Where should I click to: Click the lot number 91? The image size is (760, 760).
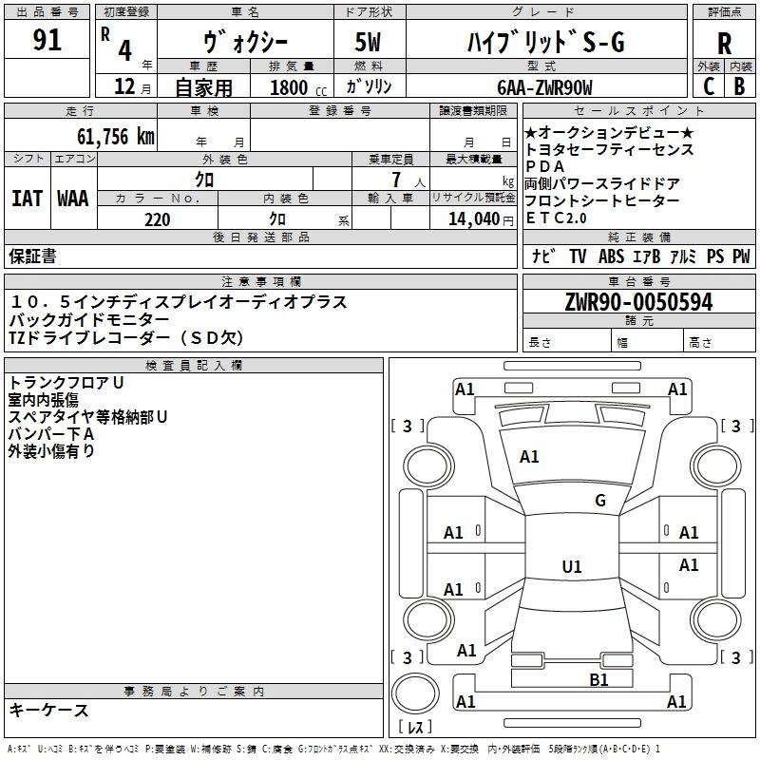click(47, 40)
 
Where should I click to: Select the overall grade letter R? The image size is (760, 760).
click(724, 44)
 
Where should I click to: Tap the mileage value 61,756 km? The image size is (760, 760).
click(115, 137)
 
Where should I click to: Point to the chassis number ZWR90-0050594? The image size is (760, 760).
click(638, 302)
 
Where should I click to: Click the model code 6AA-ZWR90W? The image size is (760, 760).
click(544, 87)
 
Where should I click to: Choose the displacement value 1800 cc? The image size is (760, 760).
click(298, 87)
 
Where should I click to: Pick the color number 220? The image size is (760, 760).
click(157, 219)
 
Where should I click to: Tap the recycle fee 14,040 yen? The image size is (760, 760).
click(481, 219)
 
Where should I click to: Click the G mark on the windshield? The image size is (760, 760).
click(600, 501)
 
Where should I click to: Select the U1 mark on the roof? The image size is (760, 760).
click(572, 566)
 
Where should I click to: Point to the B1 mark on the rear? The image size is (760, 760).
click(598, 680)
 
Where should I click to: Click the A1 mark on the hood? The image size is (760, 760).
click(529, 457)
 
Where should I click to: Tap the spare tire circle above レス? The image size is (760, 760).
click(415, 693)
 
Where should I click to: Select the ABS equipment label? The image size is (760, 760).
click(611, 256)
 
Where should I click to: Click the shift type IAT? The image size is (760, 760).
click(27, 199)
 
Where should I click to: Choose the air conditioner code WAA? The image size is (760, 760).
click(73, 199)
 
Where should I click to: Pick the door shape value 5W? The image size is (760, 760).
click(368, 42)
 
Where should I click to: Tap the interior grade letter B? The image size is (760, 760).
click(739, 86)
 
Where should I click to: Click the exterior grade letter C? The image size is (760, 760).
click(709, 86)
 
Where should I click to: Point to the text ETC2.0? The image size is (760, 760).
click(556, 218)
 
